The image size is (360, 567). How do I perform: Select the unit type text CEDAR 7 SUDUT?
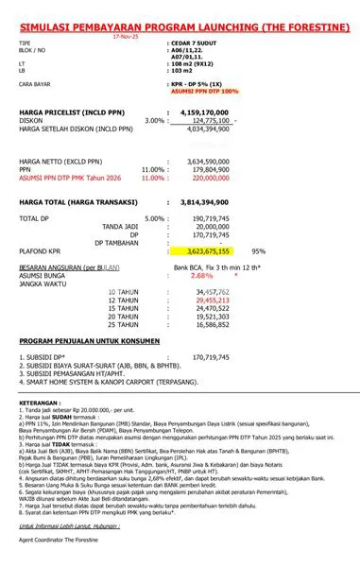tap(193, 44)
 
